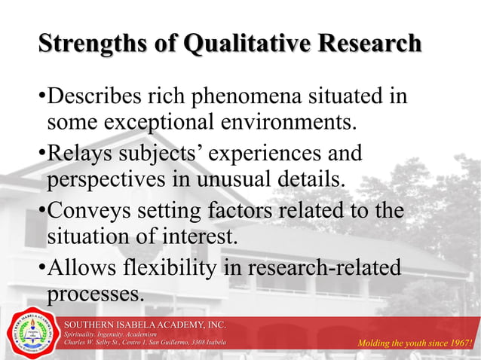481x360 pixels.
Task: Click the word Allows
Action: click(x=80, y=267)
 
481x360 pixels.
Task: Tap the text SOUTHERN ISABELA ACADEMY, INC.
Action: click(x=145, y=325)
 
